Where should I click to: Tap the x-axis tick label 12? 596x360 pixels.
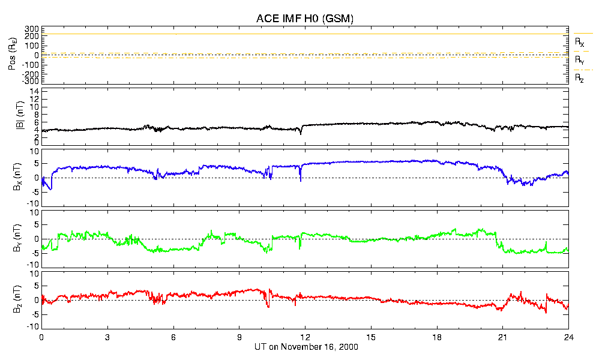point(305,337)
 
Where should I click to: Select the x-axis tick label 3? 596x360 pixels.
point(107,337)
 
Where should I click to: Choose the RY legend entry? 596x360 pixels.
point(579,60)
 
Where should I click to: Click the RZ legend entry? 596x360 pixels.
point(579,78)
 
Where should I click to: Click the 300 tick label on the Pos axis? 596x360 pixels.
point(31,29)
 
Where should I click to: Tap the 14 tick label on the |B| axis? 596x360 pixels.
point(35,91)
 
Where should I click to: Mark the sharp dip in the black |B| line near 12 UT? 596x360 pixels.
point(301,133)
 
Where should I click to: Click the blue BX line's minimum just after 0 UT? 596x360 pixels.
point(51,190)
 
